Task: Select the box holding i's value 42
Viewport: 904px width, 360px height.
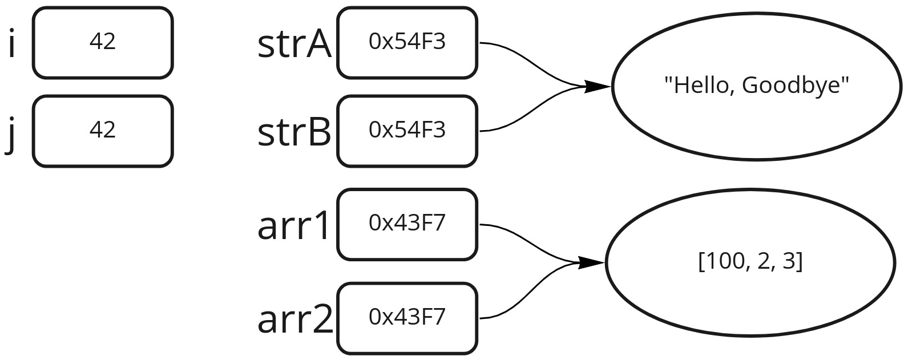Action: pyautogui.click(x=103, y=42)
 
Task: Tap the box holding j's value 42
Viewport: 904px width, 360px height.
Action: pyautogui.click(x=103, y=131)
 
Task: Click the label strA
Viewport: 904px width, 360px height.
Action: pyautogui.click(x=294, y=45)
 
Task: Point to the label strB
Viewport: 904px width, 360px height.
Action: pyautogui.click(x=294, y=132)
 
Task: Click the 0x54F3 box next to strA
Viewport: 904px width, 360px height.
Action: pyautogui.click(x=407, y=42)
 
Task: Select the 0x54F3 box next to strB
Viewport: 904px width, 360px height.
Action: pyautogui.click(x=407, y=131)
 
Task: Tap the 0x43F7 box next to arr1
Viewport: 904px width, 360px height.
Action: pyautogui.click(x=407, y=224)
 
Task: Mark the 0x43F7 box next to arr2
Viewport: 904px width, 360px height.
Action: pyautogui.click(x=407, y=318)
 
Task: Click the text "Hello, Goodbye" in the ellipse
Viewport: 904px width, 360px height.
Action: pyautogui.click(x=757, y=86)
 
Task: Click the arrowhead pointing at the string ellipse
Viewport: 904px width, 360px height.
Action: pyautogui.click(x=598, y=87)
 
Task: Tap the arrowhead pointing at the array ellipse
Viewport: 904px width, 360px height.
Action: pyautogui.click(x=591, y=263)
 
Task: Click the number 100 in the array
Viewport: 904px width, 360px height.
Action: pyautogui.click(x=720, y=262)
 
